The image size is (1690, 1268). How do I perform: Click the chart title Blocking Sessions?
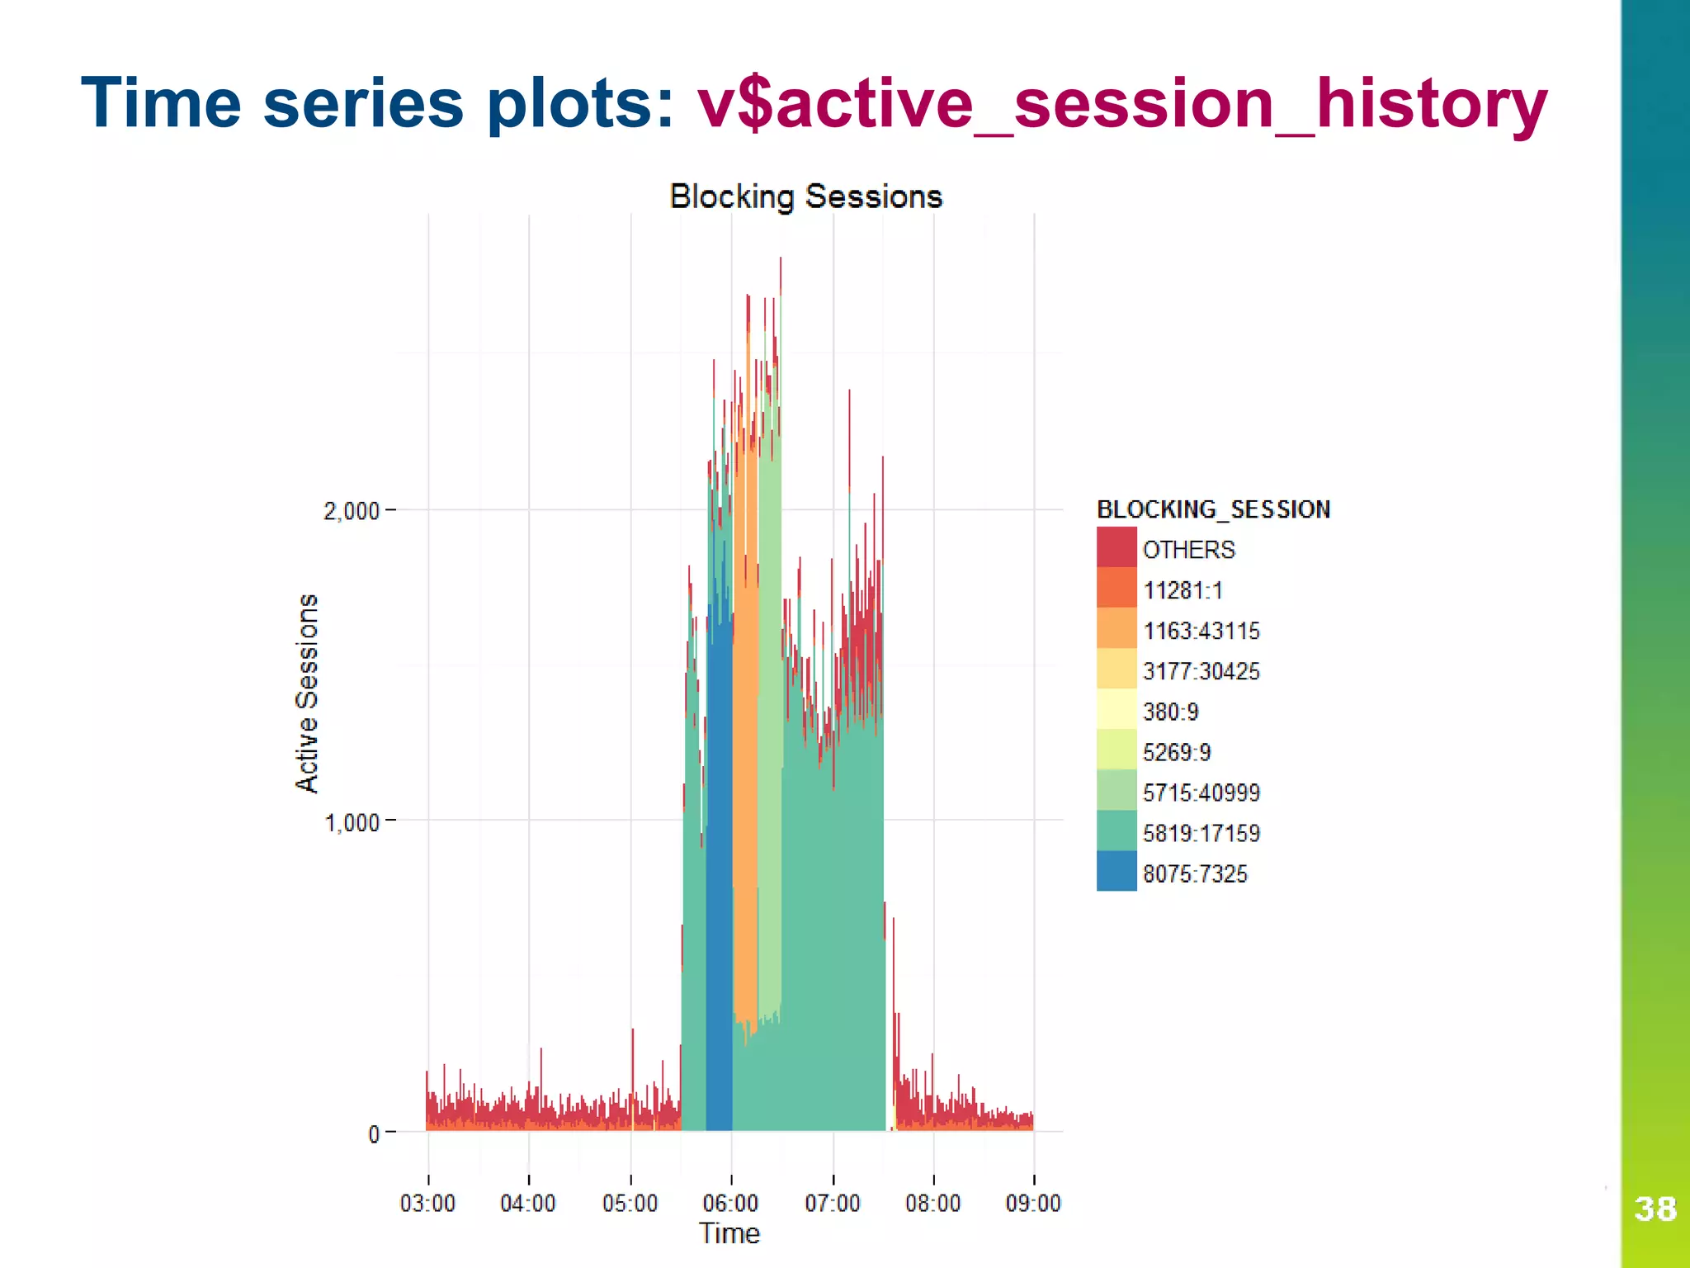pos(805,196)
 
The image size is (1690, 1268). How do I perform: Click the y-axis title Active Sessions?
pos(307,693)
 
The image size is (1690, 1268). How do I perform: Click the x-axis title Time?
pos(729,1233)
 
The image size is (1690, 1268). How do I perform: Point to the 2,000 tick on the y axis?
pos(352,511)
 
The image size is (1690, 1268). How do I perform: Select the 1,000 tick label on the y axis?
pos(352,822)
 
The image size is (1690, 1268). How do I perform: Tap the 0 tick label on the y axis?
pos(374,1134)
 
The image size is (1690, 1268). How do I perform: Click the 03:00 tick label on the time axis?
pos(427,1203)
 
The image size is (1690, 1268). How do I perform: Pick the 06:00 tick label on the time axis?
pos(730,1203)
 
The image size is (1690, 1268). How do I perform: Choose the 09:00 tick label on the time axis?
pos(1033,1203)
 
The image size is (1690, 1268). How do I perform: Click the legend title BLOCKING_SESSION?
pos(1213,509)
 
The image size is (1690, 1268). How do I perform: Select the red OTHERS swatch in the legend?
pos(1116,547)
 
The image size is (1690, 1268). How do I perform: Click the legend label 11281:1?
pos(1183,590)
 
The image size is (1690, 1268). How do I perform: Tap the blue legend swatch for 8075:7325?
pos(1116,871)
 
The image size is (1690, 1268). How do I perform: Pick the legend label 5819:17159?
pos(1201,833)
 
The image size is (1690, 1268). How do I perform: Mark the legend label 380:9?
pos(1170,712)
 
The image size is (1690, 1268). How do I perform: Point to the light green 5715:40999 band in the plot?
pos(770,743)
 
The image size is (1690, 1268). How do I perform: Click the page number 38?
pos(1655,1209)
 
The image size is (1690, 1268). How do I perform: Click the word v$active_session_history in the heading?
pos(1121,104)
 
